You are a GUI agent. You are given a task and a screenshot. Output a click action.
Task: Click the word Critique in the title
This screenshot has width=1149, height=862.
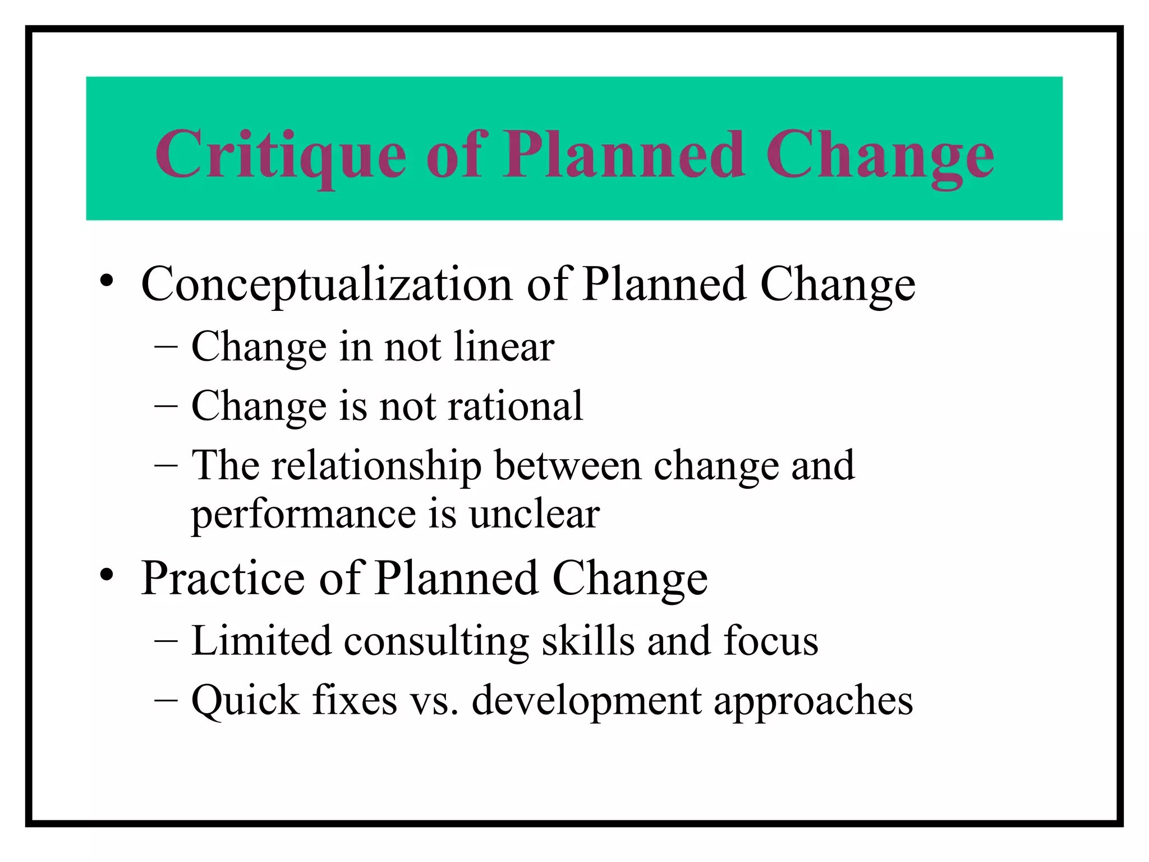281,154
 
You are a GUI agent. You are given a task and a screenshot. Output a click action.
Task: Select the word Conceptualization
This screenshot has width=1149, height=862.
327,285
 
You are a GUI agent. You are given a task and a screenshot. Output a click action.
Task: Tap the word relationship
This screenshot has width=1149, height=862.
376,466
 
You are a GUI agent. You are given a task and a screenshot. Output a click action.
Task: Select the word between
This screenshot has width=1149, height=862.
567,466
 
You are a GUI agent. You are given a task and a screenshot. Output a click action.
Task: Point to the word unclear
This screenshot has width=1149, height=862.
534,514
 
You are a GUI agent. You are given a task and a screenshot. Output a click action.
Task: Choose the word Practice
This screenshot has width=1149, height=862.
223,579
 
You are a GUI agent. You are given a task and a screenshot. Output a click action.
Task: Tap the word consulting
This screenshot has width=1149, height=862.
436,641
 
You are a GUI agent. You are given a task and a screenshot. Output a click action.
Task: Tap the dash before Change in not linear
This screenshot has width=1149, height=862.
166,347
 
